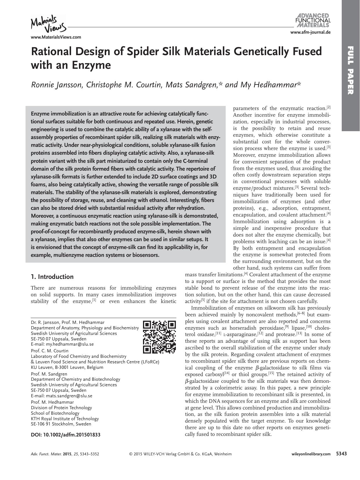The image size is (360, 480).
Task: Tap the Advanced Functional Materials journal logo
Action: click(x=313, y=20)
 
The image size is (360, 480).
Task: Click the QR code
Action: click(x=160, y=337)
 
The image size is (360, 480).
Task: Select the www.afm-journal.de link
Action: click(x=310, y=32)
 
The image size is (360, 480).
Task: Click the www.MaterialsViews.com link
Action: click(x=56, y=37)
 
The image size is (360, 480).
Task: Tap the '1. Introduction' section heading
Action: click(x=52, y=277)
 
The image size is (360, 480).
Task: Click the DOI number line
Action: click(x=66, y=435)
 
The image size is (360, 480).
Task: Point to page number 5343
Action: click(x=341, y=454)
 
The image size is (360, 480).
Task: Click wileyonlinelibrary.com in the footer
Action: click(x=310, y=454)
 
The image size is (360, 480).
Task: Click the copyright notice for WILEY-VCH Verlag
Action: click(x=180, y=454)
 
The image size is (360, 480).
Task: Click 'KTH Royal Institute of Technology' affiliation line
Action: click(x=65, y=418)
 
